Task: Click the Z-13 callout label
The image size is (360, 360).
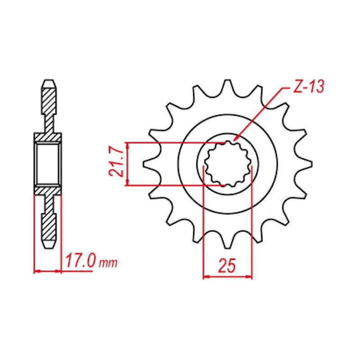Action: pos(307,87)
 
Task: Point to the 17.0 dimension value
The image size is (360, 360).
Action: pos(81,261)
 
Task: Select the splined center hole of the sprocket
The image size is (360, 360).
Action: pos(228,164)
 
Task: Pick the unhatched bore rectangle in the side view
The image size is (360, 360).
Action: pos(48,164)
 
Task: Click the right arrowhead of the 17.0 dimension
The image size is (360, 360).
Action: pos(60,271)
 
